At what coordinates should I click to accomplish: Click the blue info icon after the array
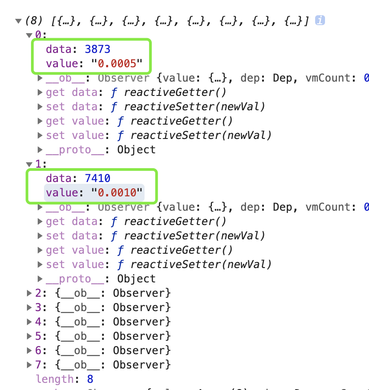(320, 21)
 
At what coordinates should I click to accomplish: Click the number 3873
(97, 49)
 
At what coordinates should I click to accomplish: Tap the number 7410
(97, 178)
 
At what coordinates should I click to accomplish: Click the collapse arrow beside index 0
(29, 35)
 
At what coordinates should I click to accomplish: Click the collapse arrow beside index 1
(29, 164)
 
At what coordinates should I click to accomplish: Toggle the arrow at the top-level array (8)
(18, 21)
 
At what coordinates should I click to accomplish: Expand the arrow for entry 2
(29, 293)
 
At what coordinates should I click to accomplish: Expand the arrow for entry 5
(29, 336)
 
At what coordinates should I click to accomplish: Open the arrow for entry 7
(29, 365)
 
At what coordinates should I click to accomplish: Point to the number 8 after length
(90, 379)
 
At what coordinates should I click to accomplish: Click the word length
(55, 379)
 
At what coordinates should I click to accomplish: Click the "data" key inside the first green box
(58, 49)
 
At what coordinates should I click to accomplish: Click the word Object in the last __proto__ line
(136, 279)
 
